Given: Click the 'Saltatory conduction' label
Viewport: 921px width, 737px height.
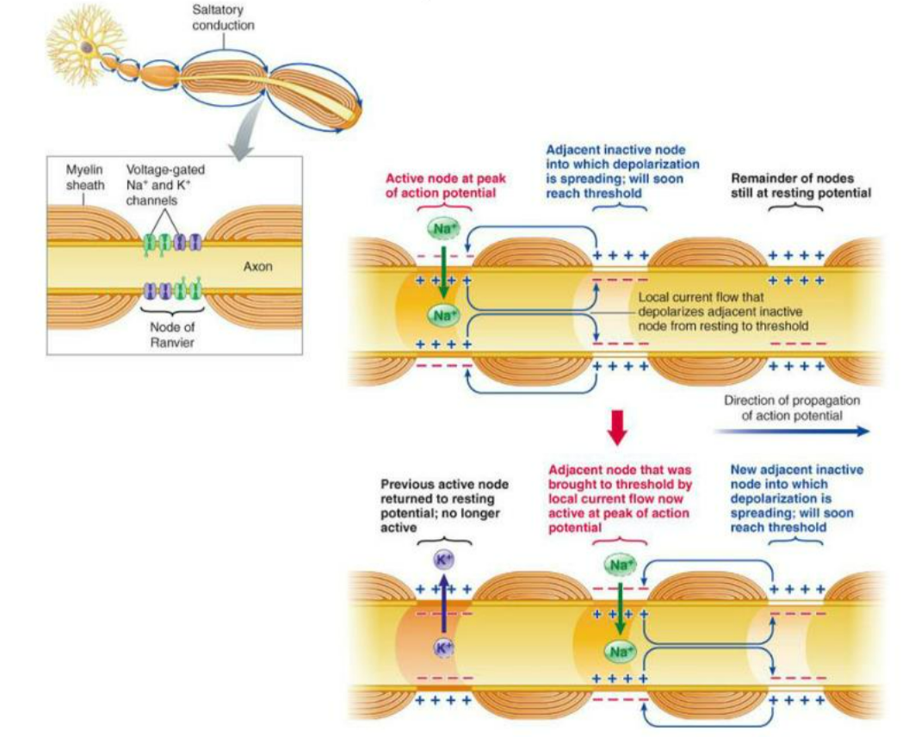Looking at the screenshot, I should (x=223, y=18).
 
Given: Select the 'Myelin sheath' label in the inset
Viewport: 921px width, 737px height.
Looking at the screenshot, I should (x=84, y=177).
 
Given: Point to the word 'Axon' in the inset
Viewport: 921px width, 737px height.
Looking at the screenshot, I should (x=257, y=267).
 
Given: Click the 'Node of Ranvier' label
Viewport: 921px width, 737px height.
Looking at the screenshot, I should (x=172, y=333).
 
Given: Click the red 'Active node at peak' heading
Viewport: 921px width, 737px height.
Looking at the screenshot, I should (x=445, y=185).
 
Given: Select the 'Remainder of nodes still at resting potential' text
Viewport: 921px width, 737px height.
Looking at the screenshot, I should (x=800, y=185).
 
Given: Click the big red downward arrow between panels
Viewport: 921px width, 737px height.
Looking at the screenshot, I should (x=616, y=425).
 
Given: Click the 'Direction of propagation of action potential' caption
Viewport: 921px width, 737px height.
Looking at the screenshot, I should (x=792, y=407).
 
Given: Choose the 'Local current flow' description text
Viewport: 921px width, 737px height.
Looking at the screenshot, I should (x=723, y=311).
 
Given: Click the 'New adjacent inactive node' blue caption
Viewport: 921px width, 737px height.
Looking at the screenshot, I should (x=796, y=498).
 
